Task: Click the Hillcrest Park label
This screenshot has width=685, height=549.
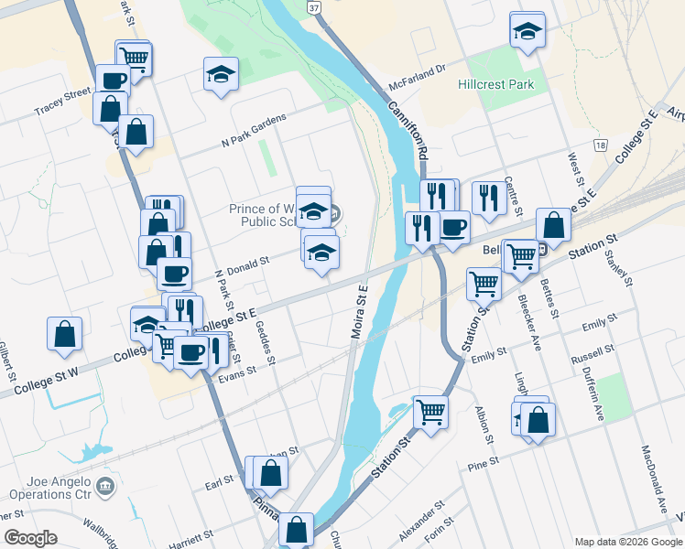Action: pyautogui.click(x=495, y=84)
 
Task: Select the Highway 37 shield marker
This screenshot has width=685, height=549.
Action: pyautogui.click(x=314, y=7)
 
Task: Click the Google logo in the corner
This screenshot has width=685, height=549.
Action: pyautogui.click(x=30, y=538)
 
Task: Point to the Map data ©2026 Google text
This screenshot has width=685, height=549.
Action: pyautogui.click(x=627, y=542)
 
